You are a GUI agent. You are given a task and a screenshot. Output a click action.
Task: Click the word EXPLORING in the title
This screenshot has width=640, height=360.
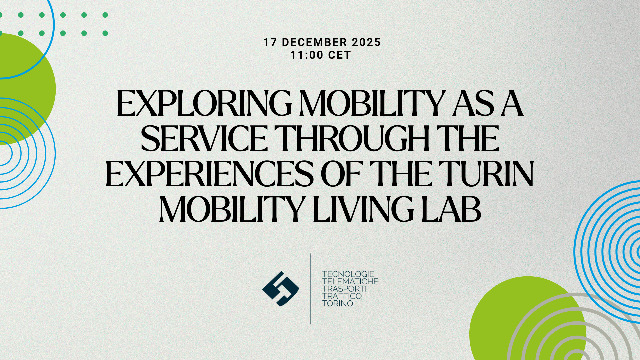click(x=204, y=104)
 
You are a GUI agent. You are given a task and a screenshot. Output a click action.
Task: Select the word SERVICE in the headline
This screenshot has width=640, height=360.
click(x=204, y=139)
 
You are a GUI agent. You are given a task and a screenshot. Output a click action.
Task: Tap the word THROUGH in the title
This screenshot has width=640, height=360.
click(x=354, y=139)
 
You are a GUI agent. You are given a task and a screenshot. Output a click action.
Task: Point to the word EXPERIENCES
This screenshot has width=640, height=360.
click(x=210, y=174)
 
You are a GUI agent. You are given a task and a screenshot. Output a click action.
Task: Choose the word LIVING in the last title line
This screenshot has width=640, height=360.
click(x=363, y=209)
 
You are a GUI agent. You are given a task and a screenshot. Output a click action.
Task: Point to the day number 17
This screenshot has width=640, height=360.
click(x=270, y=42)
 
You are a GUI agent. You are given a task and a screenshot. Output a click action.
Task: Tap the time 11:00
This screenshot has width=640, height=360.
click(x=307, y=55)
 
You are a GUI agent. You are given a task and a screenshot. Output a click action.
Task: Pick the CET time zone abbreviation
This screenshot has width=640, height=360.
click(x=339, y=55)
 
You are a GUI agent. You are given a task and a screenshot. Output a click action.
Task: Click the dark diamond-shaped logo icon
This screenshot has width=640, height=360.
click(x=280, y=289)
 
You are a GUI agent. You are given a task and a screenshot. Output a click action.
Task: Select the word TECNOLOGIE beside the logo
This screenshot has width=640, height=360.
click(x=348, y=274)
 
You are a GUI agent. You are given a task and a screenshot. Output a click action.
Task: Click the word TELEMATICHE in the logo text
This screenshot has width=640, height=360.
click(x=350, y=281)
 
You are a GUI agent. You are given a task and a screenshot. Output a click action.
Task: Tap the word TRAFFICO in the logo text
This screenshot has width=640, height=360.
click(x=342, y=296)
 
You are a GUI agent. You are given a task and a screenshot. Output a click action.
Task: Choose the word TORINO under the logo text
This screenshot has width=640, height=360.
click(x=338, y=303)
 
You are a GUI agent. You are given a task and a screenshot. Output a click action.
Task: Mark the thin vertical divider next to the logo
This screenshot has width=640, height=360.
click(x=311, y=288)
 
